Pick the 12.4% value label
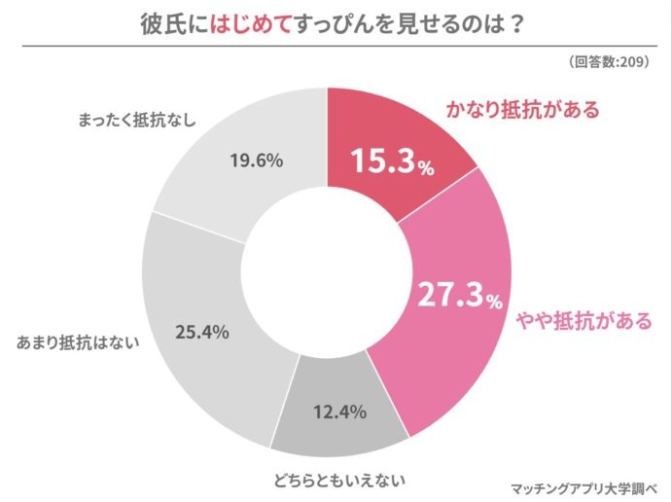point(338,412)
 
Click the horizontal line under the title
point(335,45)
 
